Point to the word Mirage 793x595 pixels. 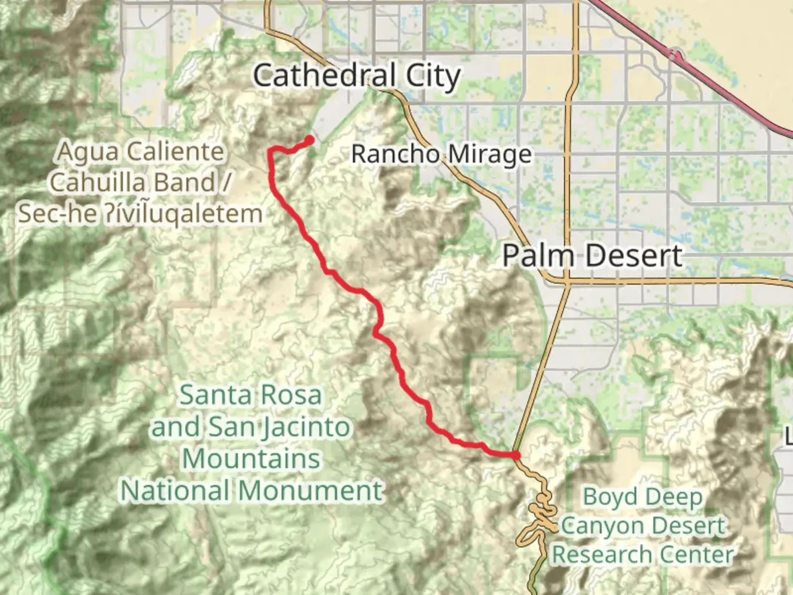pyautogui.click(x=487, y=155)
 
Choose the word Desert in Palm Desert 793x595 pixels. pyautogui.click(x=633, y=256)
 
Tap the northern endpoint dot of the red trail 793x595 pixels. pyautogui.click(x=310, y=140)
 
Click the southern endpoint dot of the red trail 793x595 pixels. pyautogui.click(x=515, y=455)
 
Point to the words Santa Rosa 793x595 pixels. pyautogui.click(x=251, y=395)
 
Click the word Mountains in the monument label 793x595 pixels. pyautogui.click(x=251, y=459)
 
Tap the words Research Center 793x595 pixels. pyautogui.click(x=643, y=555)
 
